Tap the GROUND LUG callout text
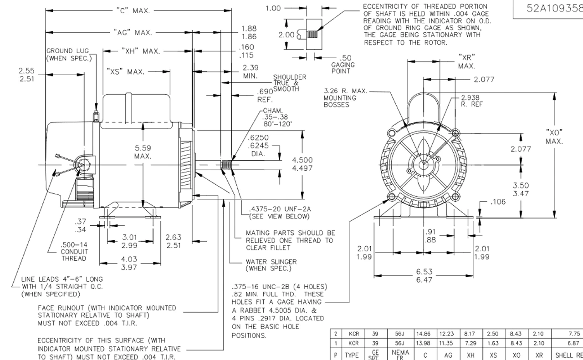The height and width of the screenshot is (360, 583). click(68, 55)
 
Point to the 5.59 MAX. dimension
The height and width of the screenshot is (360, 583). click(143, 152)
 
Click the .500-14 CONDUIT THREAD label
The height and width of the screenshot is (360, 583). click(74, 251)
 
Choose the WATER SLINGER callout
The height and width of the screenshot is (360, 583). click(271, 265)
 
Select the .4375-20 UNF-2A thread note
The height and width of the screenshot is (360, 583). click(279, 213)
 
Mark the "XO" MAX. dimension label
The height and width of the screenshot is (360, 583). click(554, 137)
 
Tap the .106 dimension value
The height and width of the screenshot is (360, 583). click(498, 202)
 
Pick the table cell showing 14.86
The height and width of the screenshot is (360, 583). click(423, 334)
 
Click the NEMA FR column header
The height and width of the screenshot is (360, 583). click(401, 354)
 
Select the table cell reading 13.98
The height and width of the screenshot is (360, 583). click(423, 343)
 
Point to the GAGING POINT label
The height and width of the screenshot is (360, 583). click(343, 65)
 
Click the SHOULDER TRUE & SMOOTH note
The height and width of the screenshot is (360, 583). click(289, 83)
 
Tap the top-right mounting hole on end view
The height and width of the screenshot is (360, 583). click(456, 132)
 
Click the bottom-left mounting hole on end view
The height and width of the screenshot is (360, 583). click(391, 197)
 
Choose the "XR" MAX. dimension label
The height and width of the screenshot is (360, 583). click(466, 61)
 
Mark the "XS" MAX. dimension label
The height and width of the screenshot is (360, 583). click(126, 72)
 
